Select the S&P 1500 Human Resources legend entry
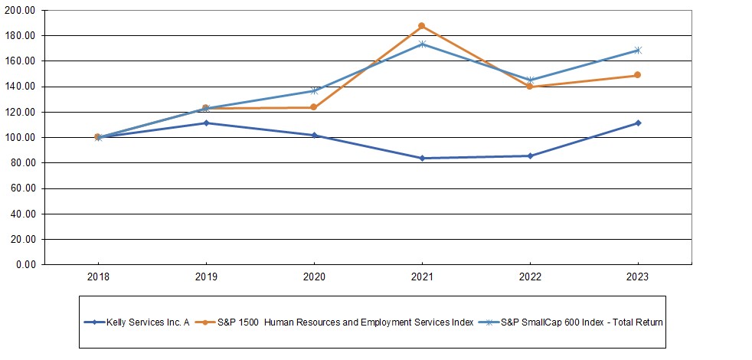(345, 322)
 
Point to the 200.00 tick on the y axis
(21, 11)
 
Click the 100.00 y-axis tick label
(21, 138)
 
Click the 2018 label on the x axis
(97, 277)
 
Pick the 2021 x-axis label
(421, 277)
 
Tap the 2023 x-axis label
(637, 277)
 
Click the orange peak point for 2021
(421, 26)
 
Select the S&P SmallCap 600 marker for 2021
(421, 44)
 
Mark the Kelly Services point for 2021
(421, 159)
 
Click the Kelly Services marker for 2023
(637, 123)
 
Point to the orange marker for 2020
(313, 107)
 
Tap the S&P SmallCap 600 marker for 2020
(313, 91)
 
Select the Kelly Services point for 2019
(205, 123)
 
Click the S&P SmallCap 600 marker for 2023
(637, 51)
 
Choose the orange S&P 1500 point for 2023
(637, 75)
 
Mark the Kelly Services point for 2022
(529, 156)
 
